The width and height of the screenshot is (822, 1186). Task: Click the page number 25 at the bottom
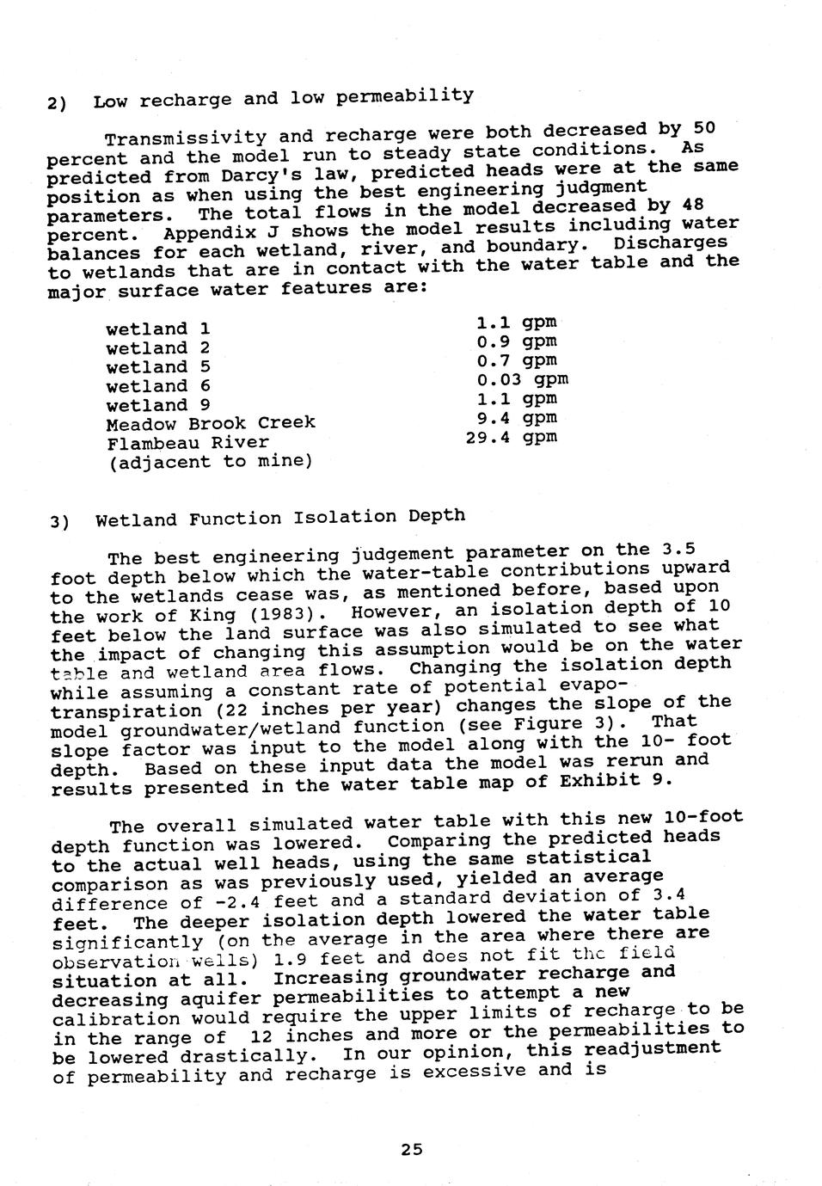click(411, 1148)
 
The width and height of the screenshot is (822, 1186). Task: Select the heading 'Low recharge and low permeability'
click(283, 97)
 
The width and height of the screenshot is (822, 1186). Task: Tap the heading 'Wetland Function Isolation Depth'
click(279, 518)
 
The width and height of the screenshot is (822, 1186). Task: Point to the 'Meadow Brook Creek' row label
click(211, 424)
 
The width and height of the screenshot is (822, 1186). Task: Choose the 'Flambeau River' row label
click(187, 443)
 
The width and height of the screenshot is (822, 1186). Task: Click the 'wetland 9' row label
click(158, 405)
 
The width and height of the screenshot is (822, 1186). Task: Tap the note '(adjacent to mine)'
click(210, 462)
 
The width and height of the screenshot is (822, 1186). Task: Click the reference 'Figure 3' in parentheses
click(580, 725)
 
